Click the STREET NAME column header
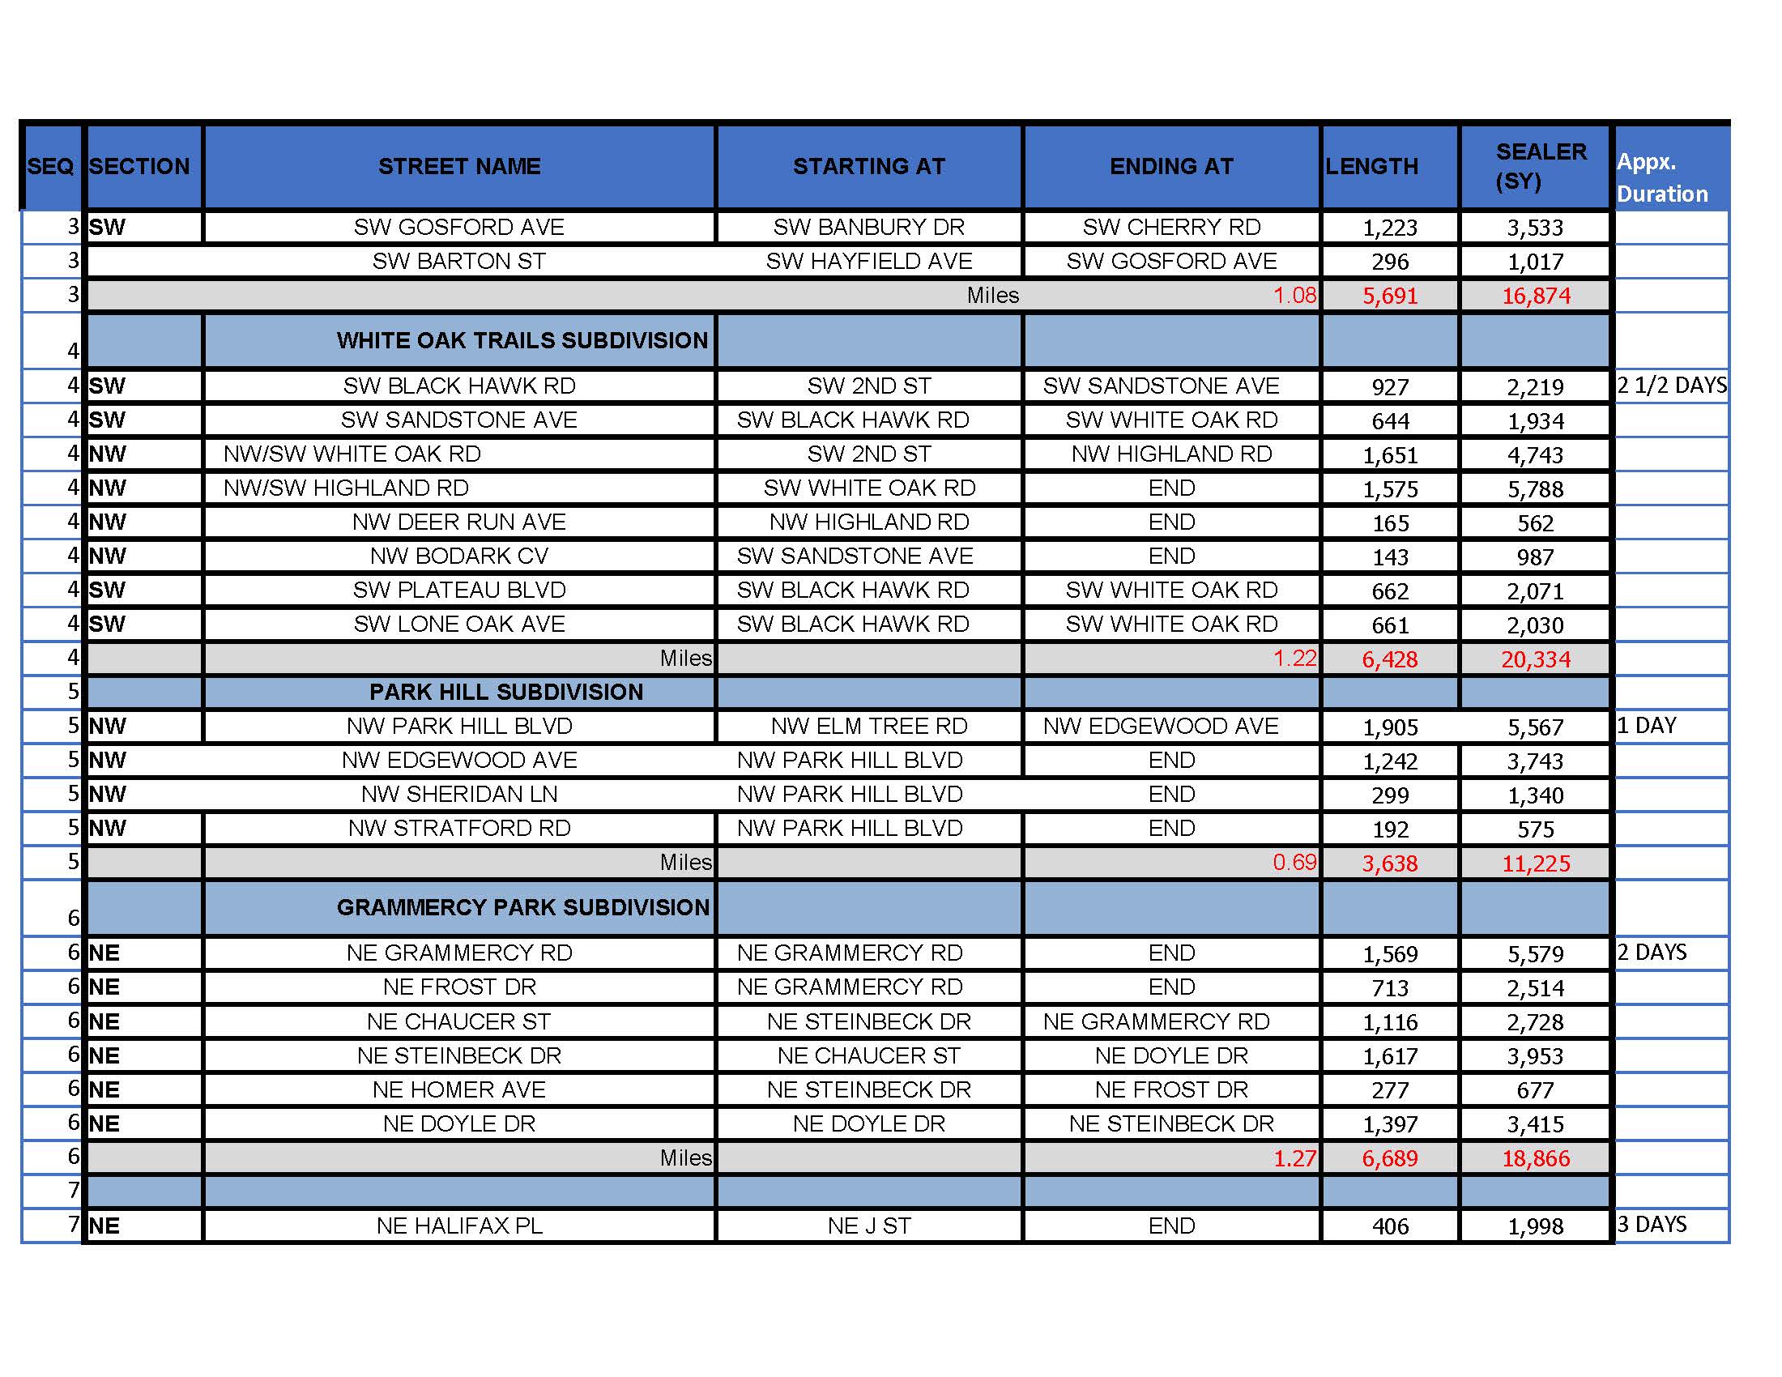pos(459,166)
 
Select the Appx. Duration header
pos(1662,178)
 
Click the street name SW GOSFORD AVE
pos(458,227)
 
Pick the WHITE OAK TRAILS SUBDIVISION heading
pos(522,340)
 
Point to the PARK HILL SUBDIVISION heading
pos(506,692)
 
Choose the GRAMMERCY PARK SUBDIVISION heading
pos(523,907)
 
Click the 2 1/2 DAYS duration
pos(1672,385)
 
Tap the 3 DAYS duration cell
pos(1652,1225)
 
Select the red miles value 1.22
pos(1295,658)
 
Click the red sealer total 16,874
pos(1536,296)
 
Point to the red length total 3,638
pos(1389,863)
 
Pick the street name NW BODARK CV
pos(458,556)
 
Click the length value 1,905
pos(1389,727)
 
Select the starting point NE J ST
pos(869,1226)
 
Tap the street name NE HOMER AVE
pos(458,1089)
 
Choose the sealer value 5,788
pos(1535,488)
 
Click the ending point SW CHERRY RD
pos(1171,227)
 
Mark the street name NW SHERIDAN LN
pos(458,794)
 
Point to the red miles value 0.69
pos(1295,863)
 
